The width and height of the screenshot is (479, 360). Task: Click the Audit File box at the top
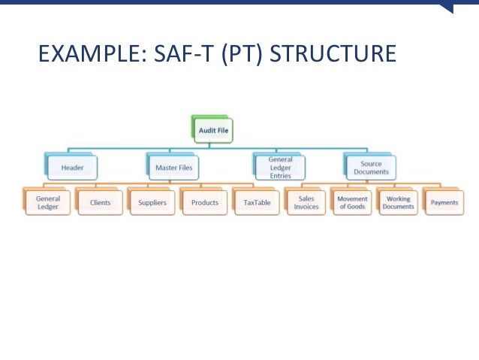[x=213, y=131]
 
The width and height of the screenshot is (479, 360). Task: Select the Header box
[x=72, y=168]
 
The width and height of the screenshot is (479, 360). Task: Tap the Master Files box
[x=173, y=168]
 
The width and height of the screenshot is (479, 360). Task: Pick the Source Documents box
[x=371, y=168]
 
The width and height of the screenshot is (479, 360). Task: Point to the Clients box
[x=100, y=203]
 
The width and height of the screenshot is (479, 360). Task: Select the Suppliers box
[x=152, y=203]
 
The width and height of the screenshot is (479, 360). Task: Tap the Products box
[x=205, y=203]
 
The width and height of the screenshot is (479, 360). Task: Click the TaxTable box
[x=257, y=203]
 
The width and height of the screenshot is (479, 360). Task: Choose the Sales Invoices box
[x=306, y=203]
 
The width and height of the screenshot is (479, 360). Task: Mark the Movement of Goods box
[x=353, y=203]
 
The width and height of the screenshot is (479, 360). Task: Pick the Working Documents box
[x=398, y=203]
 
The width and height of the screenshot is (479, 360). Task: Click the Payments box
[x=444, y=203]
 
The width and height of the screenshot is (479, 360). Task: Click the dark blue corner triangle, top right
[x=448, y=8]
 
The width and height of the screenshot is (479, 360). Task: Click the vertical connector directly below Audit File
[x=214, y=145]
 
